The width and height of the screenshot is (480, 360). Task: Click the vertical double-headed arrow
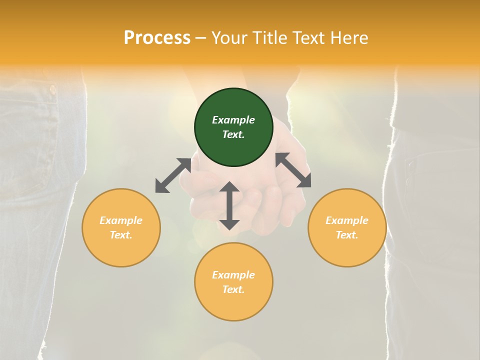[x=229, y=206]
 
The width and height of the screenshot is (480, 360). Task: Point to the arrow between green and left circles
[x=173, y=175]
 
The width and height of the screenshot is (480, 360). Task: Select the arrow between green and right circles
[x=293, y=170]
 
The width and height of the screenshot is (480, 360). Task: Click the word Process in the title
[x=157, y=37]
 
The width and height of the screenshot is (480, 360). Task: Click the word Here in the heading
[x=349, y=37]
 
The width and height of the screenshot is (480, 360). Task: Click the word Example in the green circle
[x=233, y=120]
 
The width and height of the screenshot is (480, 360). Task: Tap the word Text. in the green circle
[x=233, y=134]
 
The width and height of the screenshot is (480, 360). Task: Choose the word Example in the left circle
[x=121, y=220]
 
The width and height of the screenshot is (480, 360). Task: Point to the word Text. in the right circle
[x=347, y=235]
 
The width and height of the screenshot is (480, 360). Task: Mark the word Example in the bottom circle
[x=233, y=275]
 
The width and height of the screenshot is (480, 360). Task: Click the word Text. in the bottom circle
[x=233, y=289]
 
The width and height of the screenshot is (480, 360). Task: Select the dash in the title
[x=201, y=38]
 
